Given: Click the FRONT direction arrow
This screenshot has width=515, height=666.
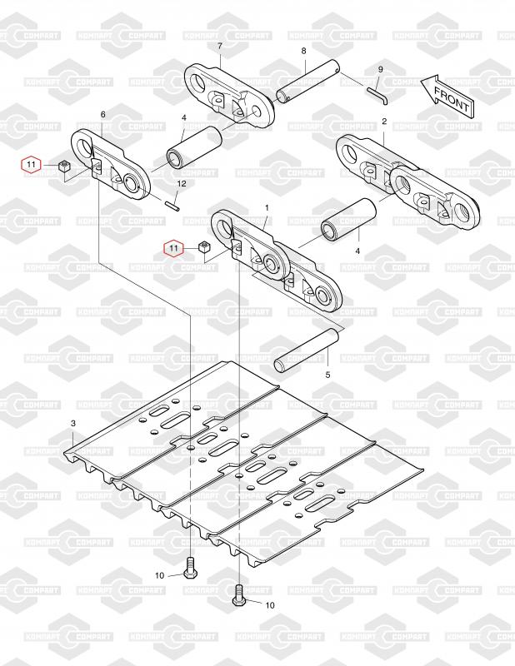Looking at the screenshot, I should pos(447,94).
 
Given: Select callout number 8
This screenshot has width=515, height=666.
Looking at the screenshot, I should pos(304,52).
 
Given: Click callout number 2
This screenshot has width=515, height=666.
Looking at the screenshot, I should pos(384,122).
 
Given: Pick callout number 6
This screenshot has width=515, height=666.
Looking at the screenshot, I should pos(102,114).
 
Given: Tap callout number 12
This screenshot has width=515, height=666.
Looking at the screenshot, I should pos(181,183).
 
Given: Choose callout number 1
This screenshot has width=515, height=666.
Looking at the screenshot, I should pos(267,206).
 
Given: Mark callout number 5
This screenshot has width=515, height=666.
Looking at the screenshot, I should pos(327,375).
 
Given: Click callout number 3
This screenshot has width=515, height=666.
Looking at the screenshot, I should pos(72,424).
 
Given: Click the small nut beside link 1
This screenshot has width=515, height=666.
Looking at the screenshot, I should pos(202,247).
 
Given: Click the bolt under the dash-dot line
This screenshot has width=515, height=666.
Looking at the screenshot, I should pos(189,569).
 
